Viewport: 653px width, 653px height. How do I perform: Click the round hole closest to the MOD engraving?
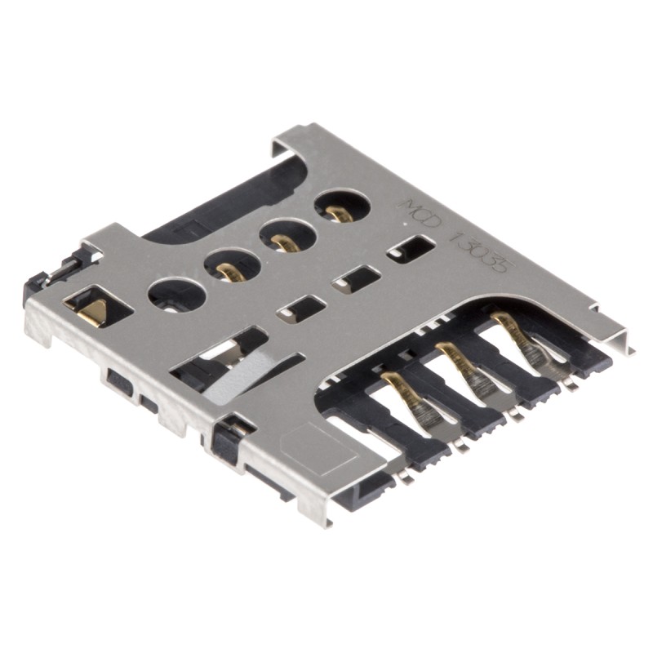342,205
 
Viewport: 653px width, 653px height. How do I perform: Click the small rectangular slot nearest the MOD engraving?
411,248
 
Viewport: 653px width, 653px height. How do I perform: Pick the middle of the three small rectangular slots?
356,279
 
